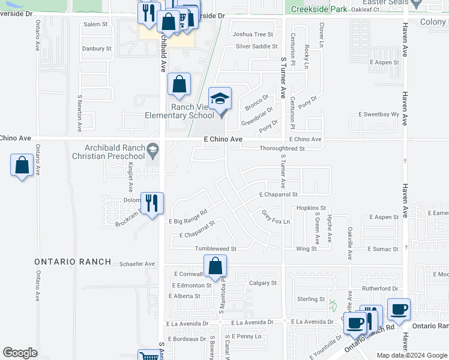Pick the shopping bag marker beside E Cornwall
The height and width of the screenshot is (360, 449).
click(215, 266)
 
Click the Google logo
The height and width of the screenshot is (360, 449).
click(20, 353)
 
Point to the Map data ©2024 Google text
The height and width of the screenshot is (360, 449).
click(411, 355)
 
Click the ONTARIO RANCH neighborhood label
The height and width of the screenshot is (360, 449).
click(73, 262)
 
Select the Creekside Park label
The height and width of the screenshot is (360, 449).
click(319, 10)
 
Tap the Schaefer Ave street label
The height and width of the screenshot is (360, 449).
click(137, 263)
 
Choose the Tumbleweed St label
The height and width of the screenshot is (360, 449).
click(215, 248)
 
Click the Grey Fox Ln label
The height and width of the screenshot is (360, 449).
click(276, 217)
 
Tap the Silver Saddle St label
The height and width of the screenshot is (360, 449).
click(257, 46)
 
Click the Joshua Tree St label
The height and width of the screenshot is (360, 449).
click(253, 35)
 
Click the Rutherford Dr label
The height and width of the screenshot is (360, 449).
click(380, 288)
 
